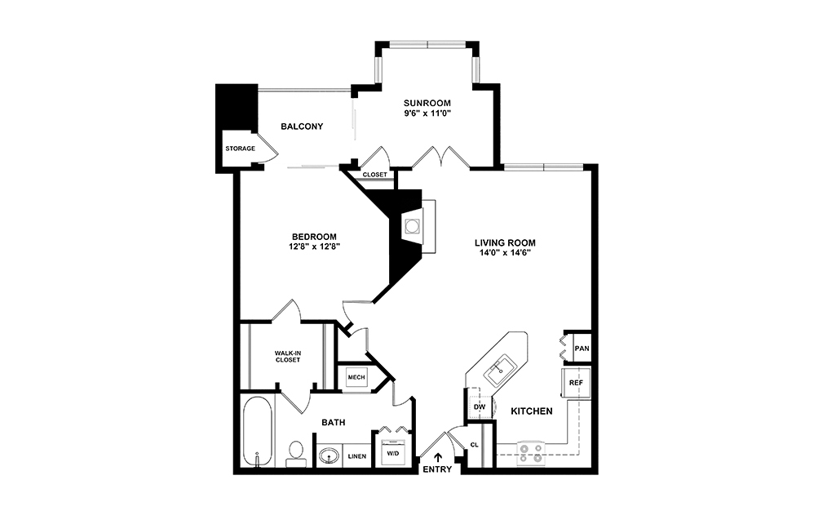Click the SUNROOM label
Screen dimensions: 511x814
point(427,103)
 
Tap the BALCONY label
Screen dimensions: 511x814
point(302,127)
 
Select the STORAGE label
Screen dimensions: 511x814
point(241,149)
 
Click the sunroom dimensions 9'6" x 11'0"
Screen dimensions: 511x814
point(427,114)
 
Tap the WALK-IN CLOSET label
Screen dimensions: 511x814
point(286,356)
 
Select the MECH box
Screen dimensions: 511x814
point(356,377)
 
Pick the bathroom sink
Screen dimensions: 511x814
point(330,455)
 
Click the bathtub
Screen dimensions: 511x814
point(258,433)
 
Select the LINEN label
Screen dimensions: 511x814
point(356,456)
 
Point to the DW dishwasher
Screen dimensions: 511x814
point(479,407)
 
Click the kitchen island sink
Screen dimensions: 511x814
point(498,370)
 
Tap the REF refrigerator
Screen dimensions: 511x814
point(575,382)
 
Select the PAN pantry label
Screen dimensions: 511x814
point(582,348)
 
